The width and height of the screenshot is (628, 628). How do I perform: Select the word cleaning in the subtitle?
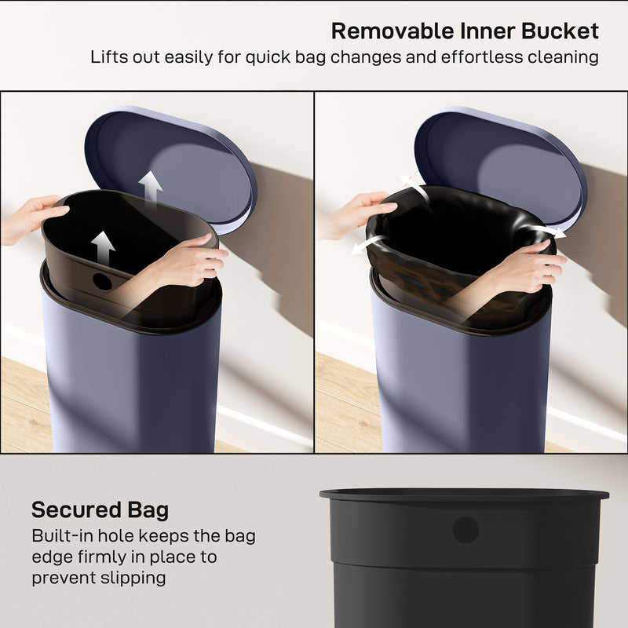[560, 57]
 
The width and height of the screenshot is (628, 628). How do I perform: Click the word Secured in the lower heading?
[75, 510]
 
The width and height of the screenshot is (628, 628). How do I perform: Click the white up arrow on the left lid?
[150, 186]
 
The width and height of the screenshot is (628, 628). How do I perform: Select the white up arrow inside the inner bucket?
[102, 247]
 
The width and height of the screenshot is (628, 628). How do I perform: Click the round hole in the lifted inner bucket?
[102, 280]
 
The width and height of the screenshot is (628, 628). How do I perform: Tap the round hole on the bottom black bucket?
[466, 530]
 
